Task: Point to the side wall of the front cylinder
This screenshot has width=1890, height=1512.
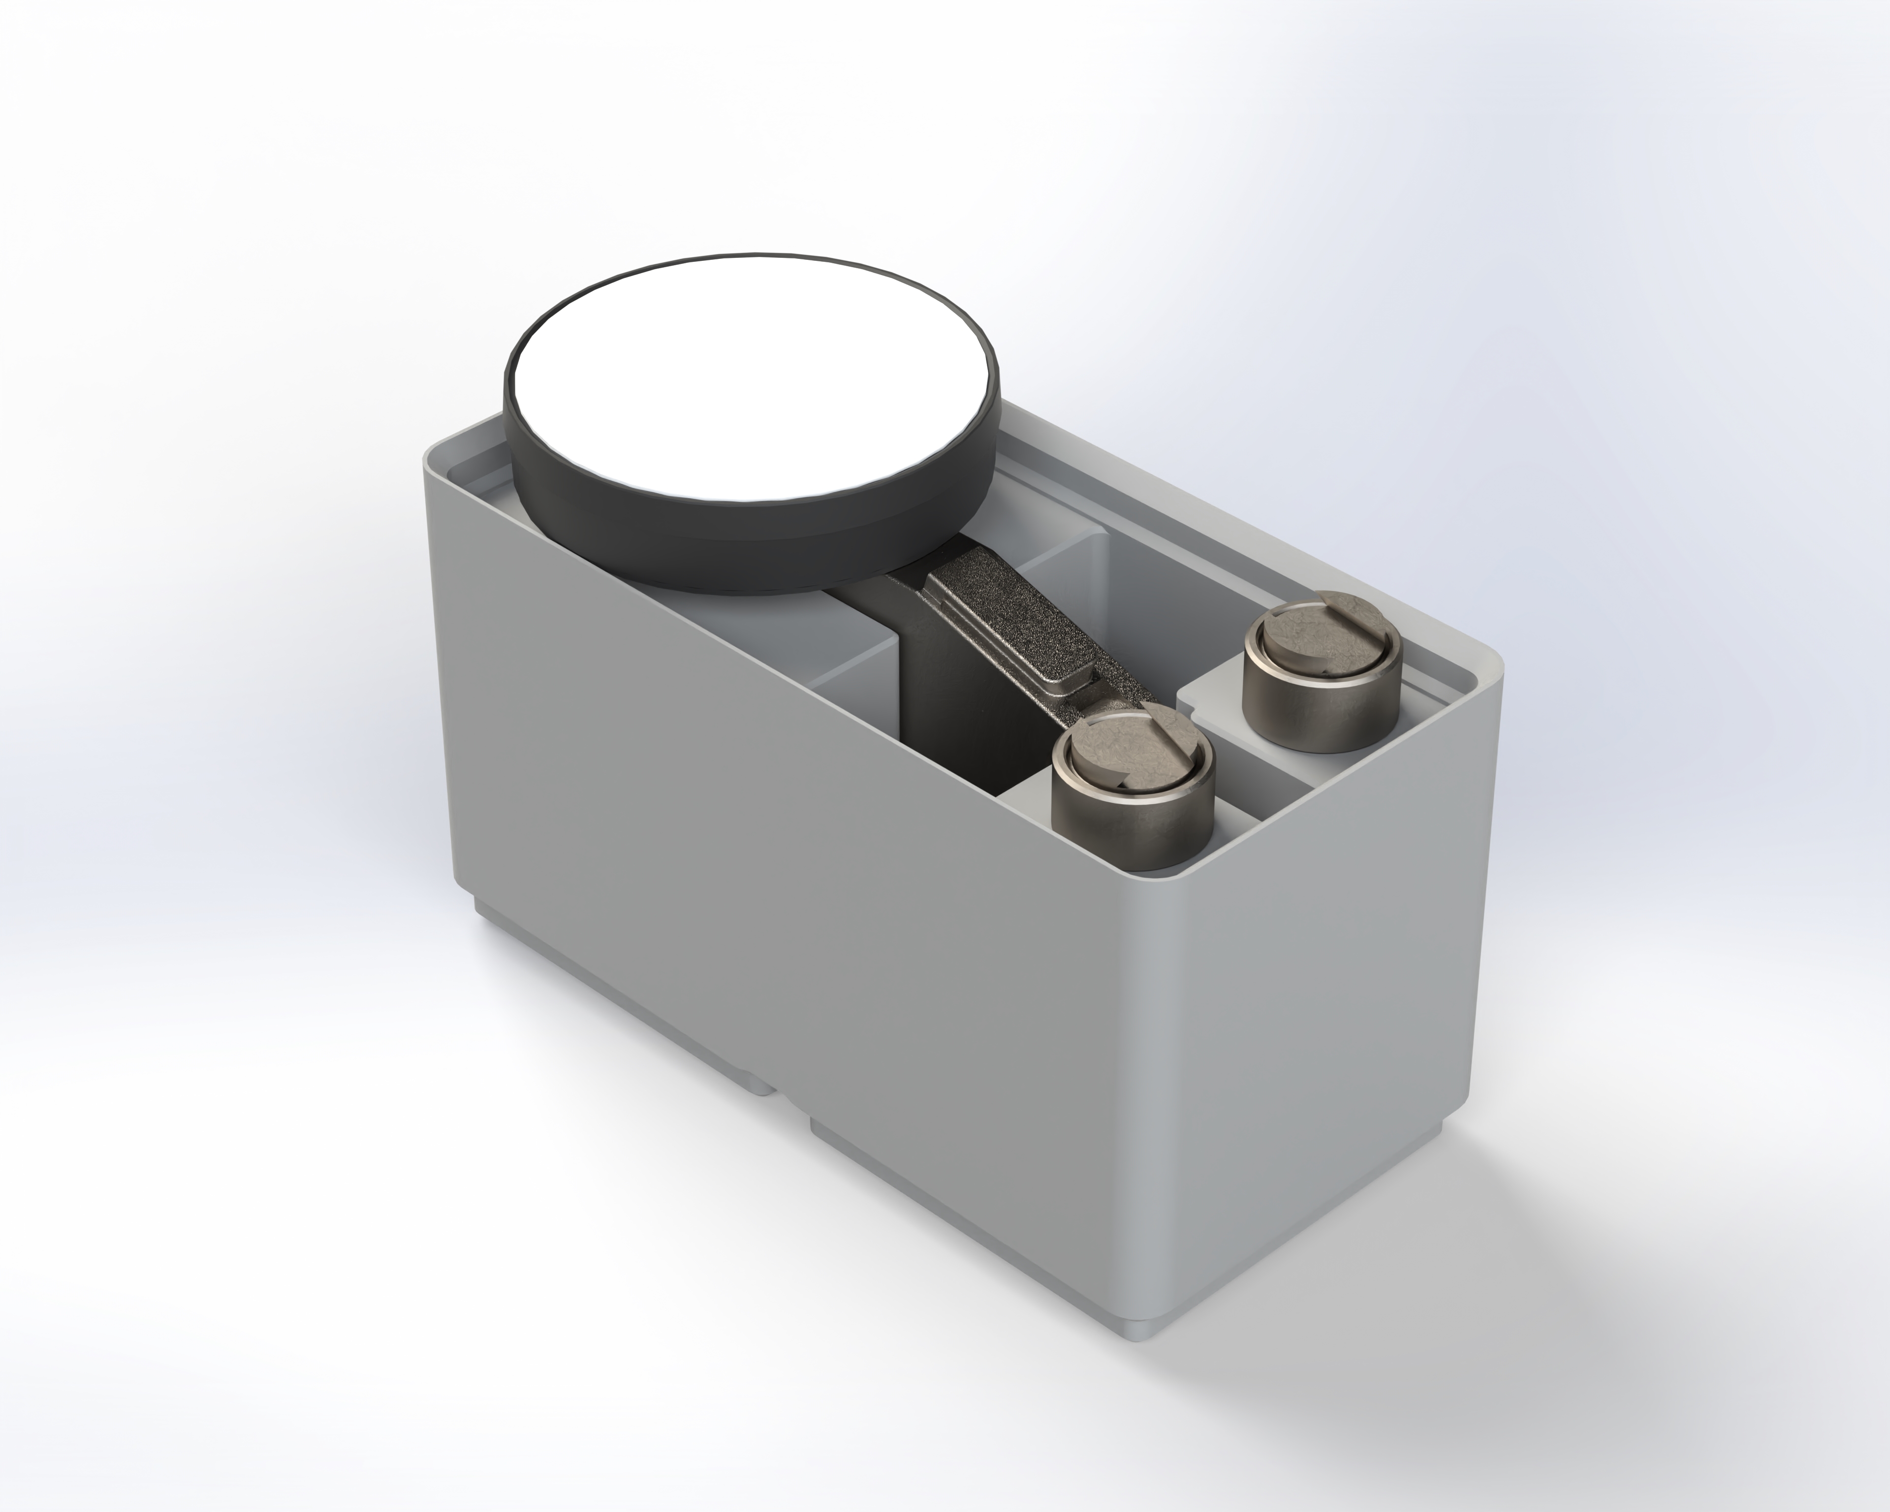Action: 1131,819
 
